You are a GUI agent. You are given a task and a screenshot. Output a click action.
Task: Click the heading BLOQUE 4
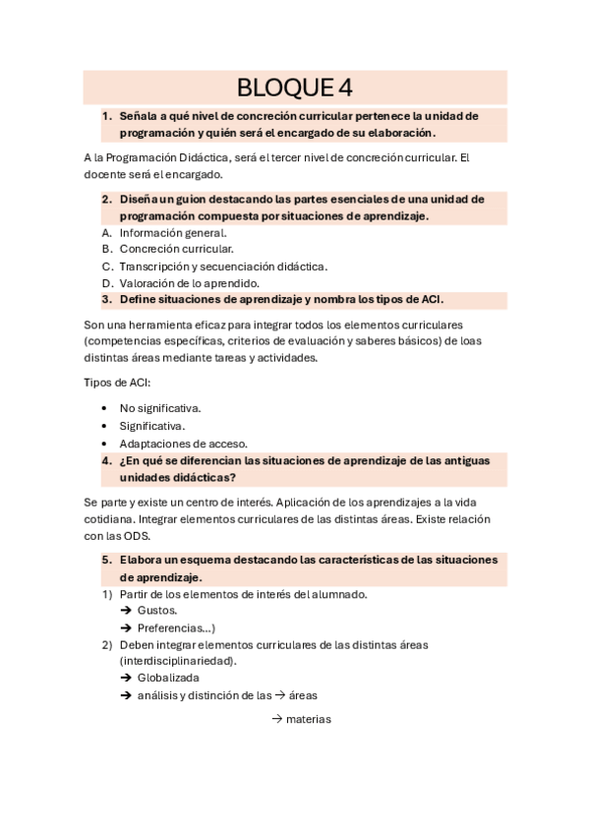click(x=295, y=88)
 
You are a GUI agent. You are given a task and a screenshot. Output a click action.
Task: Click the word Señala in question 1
click(x=140, y=115)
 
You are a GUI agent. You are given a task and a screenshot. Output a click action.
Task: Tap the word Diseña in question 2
click(x=140, y=199)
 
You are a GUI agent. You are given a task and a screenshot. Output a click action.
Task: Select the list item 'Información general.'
click(x=172, y=233)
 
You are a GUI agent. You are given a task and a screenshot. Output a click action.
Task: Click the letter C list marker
click(x=106, y=267)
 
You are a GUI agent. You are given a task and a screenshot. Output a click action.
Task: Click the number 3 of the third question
click(x=105, y=299)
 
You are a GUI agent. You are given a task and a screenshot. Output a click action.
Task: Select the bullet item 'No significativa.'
click(x=159, y=408)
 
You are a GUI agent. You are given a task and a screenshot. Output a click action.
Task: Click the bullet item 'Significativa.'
click(x=151, y=426)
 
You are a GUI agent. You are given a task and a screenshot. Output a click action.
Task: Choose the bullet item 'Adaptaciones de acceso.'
click(x=183, y=444)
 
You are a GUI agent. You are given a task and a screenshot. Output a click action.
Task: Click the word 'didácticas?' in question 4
click(x=203, y=477)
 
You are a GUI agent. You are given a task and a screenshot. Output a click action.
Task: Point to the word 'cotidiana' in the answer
click(x=110, y=518)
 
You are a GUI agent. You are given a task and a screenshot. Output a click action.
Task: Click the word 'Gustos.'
click(x=157, y=611)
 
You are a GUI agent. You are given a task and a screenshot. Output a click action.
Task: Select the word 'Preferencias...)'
click(x=176, y=627)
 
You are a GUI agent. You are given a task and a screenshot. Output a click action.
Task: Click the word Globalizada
click(x=168, y=678)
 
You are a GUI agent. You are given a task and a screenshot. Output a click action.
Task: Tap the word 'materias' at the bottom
click(x=309, y=719)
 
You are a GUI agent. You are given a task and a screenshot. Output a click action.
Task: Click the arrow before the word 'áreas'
click(x=279, y=695)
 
